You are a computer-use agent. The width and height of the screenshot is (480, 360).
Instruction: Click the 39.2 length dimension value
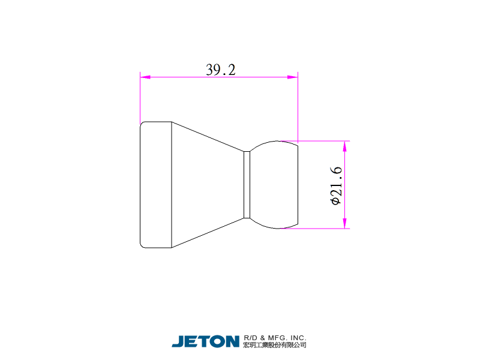click(x=221, y=70)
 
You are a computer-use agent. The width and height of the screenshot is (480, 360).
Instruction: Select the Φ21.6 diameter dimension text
click(x=336, y=185)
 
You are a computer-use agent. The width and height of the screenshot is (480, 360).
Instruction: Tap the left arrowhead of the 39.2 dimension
click(x=145, y=77)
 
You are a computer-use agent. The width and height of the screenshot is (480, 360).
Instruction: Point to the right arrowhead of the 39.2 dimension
click(x=293, y=77)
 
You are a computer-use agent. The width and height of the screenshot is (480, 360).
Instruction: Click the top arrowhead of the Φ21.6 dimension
click(x=345, y=146)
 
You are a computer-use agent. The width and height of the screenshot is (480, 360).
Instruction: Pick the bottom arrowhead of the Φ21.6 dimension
click(x=345, y=223)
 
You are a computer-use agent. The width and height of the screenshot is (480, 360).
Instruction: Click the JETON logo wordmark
click(x=205, y=341)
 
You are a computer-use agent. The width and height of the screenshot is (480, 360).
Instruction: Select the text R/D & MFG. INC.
click(x=275, y=338)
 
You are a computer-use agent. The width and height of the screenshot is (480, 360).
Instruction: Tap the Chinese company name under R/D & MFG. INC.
click(x=275, y=345)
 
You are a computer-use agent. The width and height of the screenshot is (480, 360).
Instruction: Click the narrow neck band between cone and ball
click(x=247, y=185)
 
